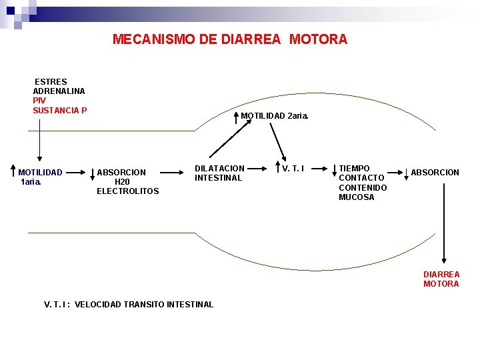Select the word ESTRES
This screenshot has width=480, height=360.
click(x=51, y=82)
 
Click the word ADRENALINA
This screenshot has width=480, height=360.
click(x=59, y=91)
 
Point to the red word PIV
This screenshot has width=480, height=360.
click(x=39, y=101)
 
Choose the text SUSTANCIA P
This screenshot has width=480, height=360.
click(x=60, y=110)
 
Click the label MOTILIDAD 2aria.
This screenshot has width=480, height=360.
click(x=275, y=116)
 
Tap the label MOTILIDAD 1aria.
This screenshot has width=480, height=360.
click(x=40, y=177)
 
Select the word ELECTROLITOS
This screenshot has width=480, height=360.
click(x=128, y=191)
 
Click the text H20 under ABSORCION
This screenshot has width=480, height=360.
click(x=122, y=182)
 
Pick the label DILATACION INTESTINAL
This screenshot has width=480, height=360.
click(x=219, y=173)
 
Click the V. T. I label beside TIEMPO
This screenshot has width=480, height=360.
click(x=293, y=169)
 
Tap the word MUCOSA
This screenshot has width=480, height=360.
click(x=357, y=197)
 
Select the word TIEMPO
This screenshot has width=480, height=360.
click(x=354, y=168)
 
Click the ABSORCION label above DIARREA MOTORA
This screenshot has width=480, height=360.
click(x=435, y=173)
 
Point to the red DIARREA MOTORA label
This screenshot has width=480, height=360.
click(x=441, y=279)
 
